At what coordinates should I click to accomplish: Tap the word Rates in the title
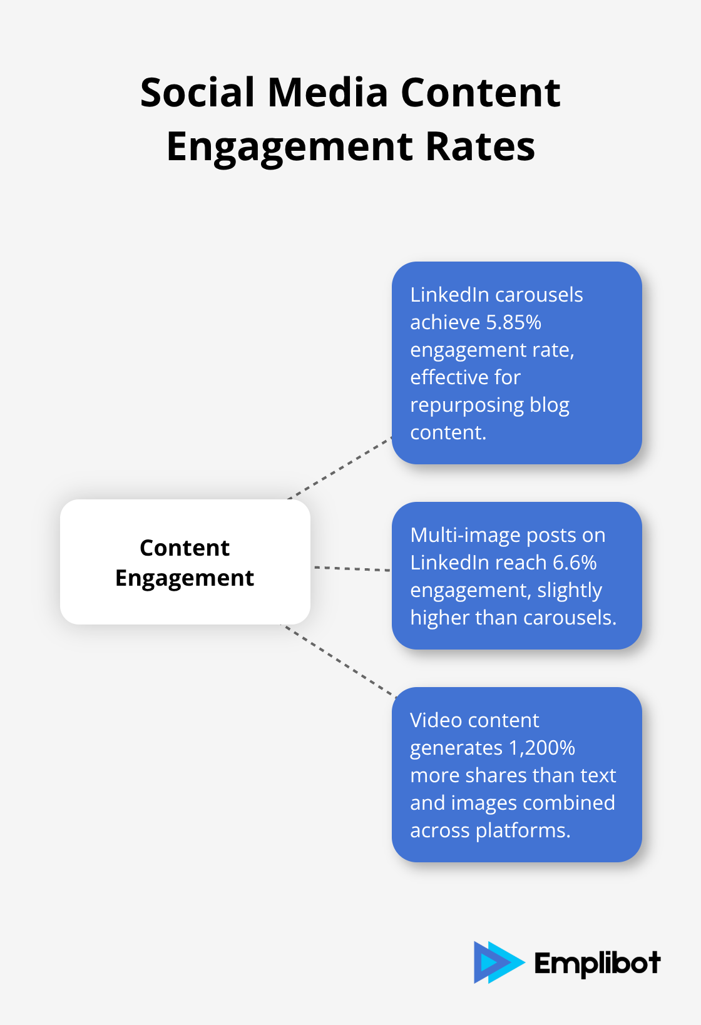point(480,147)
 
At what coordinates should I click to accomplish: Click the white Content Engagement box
point(185,562)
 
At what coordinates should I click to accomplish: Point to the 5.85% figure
point(513,322)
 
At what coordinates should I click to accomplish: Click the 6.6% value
point(575,563)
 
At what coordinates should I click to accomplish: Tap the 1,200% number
point(541,748)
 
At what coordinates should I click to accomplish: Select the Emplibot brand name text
point(597,964)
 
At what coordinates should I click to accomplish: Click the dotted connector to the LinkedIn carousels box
point(340,469)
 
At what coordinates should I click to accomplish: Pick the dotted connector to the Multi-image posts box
point(352,569)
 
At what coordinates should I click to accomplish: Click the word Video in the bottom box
point(436,720)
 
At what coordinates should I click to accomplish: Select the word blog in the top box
point(550,405)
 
